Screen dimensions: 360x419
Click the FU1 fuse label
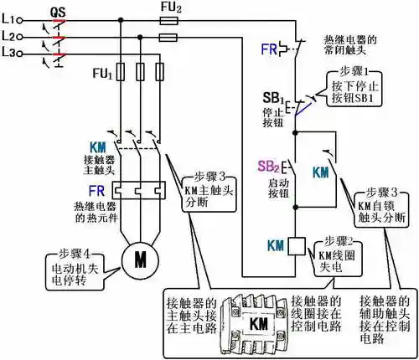[x=101, y=75]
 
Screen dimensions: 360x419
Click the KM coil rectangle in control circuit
[x=295, y=246]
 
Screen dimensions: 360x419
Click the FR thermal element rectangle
[x=135, y=191]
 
